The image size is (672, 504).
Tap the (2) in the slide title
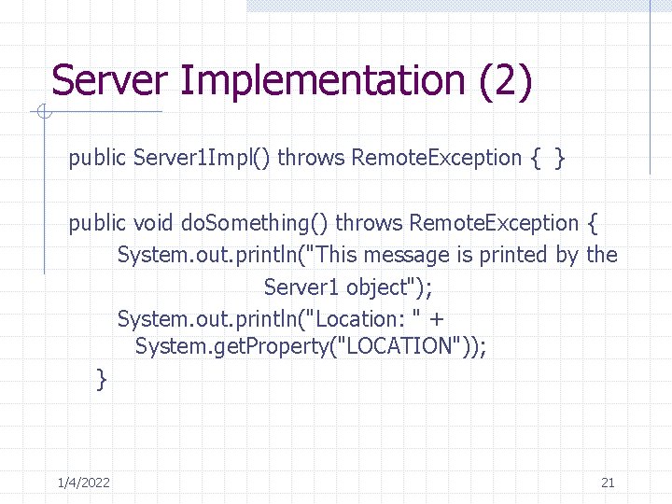(x=505, y=80)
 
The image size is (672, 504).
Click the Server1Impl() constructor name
(x=203, y=158)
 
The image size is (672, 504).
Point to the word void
(x=153, y=223)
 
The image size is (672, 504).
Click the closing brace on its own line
(x=102, y=378)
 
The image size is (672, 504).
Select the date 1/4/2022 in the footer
(x=83, y=483)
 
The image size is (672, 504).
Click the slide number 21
(x=608, y=483)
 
